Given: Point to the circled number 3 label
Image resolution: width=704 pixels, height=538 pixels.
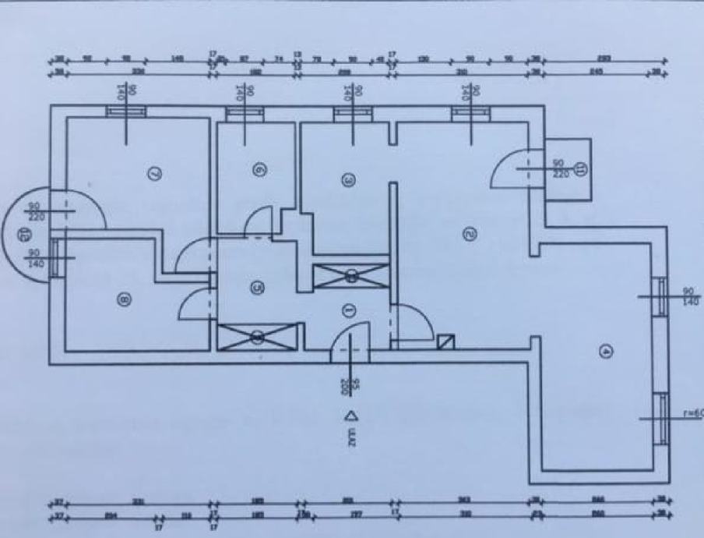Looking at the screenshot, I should point(348,180).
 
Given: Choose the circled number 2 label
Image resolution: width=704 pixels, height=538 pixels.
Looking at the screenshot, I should point(468,232).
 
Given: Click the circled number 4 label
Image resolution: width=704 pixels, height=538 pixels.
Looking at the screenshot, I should point(607,352).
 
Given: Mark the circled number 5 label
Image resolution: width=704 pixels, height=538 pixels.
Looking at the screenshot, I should point(257,286).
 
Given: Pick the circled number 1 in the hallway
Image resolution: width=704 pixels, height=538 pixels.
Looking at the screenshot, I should point(348,310).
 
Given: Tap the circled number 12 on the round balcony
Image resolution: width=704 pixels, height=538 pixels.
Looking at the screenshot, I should point(23,232).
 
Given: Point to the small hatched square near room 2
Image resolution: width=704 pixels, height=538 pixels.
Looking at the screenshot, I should point(445,342).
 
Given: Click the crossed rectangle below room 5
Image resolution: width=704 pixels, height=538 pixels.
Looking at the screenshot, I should point(258,337).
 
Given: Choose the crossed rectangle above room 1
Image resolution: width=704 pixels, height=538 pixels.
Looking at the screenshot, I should point(351,275).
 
